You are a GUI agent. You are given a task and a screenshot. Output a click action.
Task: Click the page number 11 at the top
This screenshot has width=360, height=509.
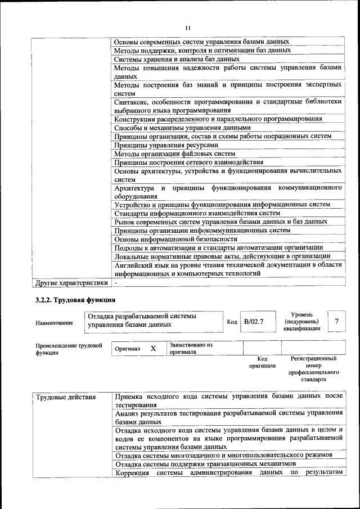tap(188, 28)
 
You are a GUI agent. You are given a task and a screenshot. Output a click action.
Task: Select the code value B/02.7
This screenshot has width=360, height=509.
tap(254, 322)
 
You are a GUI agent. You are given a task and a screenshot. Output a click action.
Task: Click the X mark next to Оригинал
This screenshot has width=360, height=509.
tap(153, 349)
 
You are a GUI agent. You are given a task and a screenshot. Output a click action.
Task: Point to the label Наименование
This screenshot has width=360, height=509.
tap(54, 323)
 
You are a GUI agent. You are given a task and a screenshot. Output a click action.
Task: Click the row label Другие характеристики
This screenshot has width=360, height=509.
tap(71, 282)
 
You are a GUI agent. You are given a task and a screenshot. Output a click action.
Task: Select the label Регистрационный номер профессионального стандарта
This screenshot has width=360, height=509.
tap(313, 368)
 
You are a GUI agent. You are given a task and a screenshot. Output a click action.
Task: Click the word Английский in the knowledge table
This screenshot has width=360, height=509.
tap(132, 264)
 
